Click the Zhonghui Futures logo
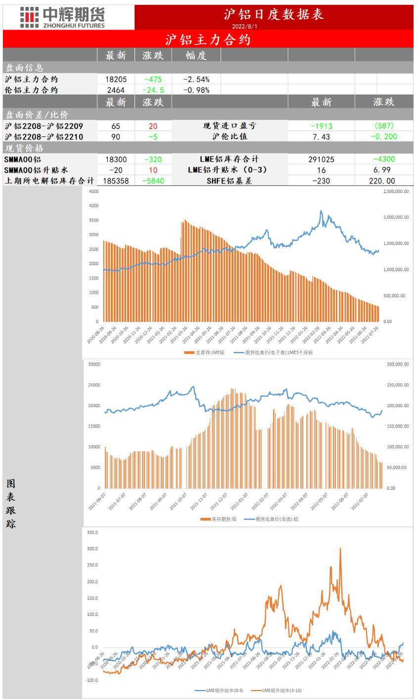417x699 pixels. (x=62, y=17)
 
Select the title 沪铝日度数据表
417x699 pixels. (x=274, y=14)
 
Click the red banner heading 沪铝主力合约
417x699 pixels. (x=208, y=40)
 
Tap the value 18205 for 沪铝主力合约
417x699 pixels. (x=115, y=79)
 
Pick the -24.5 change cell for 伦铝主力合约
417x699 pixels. (x=153, y=90)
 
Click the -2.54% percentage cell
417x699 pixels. (x=196, y=79)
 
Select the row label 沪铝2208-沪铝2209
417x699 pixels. (x=44, y=126)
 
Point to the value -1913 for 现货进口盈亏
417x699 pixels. (x=321, y=126)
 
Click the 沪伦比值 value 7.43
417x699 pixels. (x=321, y=137)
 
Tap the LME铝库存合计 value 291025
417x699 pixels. (x=321, y=159)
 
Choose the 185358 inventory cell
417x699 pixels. (x=115, y=181)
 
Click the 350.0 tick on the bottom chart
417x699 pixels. (x=93, y=533)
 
